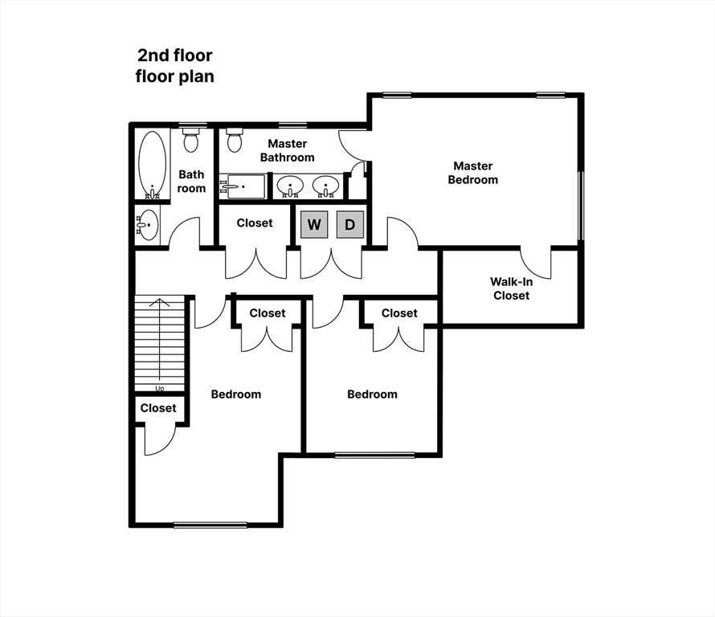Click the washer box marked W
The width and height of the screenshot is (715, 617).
[x=314, y=225]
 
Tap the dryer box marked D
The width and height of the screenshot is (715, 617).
[x=349, y=225]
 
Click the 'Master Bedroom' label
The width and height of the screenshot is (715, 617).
[x=472, y=173]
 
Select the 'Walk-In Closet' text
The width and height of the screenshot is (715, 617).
[x=511, y=288]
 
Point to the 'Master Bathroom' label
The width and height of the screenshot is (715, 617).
[x=287, y=150]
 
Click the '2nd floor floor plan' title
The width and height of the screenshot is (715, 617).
[x=174, y=67]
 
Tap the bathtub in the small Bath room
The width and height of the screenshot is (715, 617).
[x=151, y=165]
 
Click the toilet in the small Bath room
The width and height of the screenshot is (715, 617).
[x=190, y=142]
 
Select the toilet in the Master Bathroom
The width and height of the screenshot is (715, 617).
[x=235, y=142]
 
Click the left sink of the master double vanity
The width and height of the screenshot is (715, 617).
[x=289, y=186]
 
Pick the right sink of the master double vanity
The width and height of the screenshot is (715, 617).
[x=325, y=186]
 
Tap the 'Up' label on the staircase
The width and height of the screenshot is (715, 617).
[x=160, y=389]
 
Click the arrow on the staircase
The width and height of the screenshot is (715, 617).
[x=160, y=337]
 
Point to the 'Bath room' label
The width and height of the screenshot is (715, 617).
[x=191, y=181]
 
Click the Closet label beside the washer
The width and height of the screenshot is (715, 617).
[x=255, y=223]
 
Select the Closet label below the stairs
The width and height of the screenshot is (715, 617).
[x=158, y=408]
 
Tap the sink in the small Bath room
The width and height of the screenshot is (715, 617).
[x=148, y=224]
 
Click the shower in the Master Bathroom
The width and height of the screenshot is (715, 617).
[x=242, y=186]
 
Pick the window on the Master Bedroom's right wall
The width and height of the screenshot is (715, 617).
[x=580, y=205]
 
